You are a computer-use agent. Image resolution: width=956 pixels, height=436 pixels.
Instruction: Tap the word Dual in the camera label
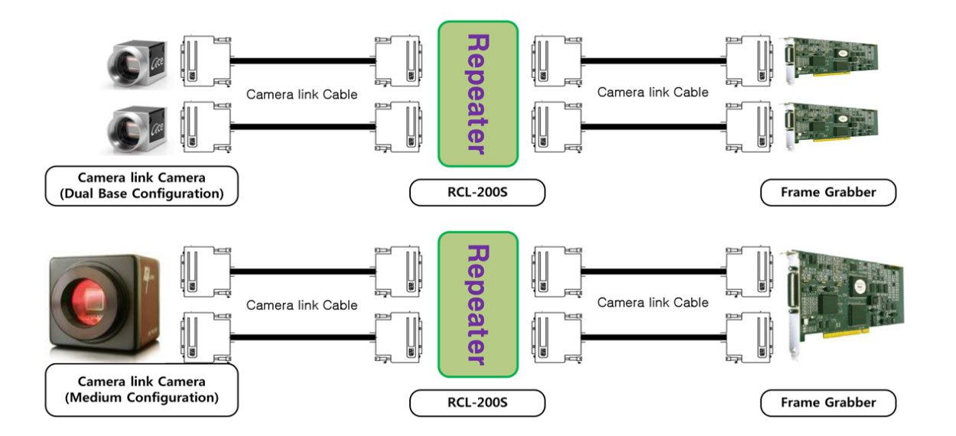(x=79, y=194)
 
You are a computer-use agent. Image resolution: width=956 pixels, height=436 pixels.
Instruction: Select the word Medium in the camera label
(x=96, y=398)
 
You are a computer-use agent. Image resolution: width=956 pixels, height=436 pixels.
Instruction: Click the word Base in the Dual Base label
(x=112, y=194)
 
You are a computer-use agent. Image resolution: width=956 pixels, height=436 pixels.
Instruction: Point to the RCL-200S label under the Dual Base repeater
(x=477, y=192)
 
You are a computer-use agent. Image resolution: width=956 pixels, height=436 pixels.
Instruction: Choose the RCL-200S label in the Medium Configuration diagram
(x=477, y=402)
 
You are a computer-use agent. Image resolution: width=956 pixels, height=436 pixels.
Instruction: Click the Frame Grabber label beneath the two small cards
(x=828, y=192)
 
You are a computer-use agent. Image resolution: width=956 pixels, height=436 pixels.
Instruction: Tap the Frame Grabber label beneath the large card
(x=828, y=402)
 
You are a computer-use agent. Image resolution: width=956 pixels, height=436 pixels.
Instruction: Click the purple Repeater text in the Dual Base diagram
(x=478, y=94)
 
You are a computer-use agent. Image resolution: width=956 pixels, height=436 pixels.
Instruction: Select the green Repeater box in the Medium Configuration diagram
(x=478, y=304)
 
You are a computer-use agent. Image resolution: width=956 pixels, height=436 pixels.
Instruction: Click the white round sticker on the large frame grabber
(x=860, y=286)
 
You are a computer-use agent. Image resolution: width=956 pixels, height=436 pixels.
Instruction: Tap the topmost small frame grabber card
(x=830, y=59)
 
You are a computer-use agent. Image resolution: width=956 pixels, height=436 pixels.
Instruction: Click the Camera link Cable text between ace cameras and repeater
(x=302, y=94)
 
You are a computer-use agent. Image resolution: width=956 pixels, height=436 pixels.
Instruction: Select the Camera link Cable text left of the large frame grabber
(x=652, y=302)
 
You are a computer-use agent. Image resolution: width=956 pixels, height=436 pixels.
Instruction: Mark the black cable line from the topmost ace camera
(x=303, y=61)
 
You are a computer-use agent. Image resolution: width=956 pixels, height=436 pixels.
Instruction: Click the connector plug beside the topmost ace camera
(x=206, y=61)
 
